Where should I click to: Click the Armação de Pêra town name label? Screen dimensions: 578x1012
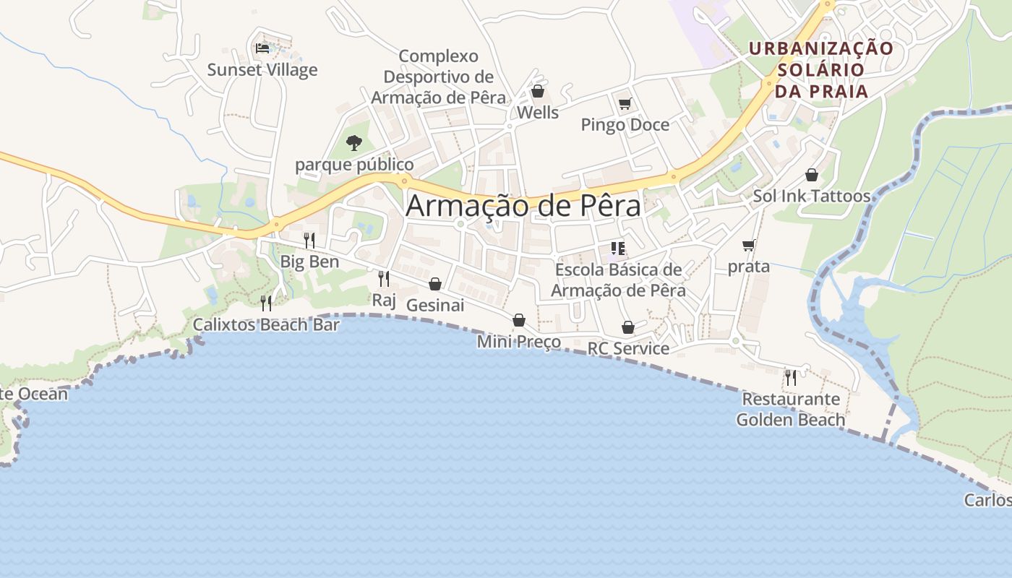[523, 206]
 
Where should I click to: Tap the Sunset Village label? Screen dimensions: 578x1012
[262, 70]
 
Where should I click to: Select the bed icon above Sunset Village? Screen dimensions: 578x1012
[262, 48]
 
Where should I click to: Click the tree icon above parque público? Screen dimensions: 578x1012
[353, 142]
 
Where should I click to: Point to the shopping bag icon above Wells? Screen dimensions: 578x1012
[537, 91]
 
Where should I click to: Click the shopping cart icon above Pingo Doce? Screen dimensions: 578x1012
[625, 103]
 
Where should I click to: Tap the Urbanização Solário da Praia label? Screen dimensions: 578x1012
[821, 70]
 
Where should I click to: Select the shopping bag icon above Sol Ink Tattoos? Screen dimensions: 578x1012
[812, 175]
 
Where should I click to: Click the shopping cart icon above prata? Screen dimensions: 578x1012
[749, 246]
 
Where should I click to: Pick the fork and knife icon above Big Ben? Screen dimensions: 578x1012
[309, 240]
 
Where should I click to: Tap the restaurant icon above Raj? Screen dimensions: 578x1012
[384, 278]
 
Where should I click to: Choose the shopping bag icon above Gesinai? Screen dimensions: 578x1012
[435, 284]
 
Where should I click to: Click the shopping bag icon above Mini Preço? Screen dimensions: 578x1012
[519, 320]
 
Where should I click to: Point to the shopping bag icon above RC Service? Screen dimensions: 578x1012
[628, 327]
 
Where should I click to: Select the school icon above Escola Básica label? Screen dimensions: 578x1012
[618, 249]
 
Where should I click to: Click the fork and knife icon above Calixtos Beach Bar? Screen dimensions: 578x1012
[266, 303]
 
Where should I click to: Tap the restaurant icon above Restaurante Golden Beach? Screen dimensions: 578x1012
[791, 377]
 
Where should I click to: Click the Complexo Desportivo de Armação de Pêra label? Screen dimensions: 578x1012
[439, 77]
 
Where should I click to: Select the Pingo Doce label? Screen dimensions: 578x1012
[625, 125]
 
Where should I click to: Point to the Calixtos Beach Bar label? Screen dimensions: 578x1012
[266, 325]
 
